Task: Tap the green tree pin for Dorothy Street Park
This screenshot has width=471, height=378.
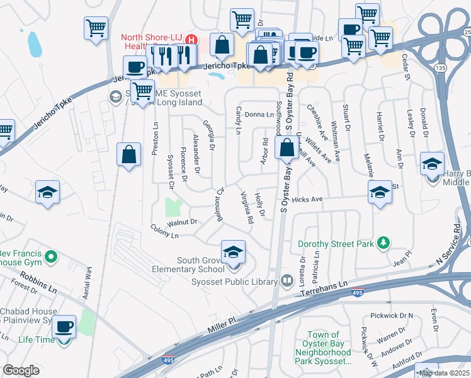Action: (382, 243)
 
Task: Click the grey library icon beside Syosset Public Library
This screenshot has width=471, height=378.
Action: (287, 280)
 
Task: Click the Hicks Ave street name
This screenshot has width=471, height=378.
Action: (307, 199)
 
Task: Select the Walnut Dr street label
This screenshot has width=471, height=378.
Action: (183, 222)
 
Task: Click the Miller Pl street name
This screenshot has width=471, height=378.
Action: (223, 321)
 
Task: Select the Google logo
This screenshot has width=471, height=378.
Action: (21, 370)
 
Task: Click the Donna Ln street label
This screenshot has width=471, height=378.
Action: (260, 114)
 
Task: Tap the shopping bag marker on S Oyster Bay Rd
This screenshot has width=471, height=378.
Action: (287, 149)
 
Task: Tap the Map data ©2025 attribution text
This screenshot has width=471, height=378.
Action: (444, 373)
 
